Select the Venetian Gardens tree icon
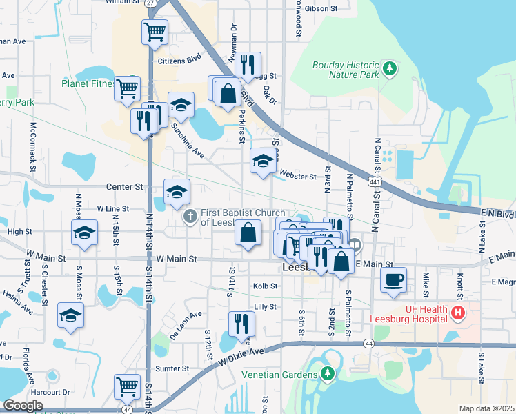[x=328, y=374]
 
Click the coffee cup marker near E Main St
[x=393, y=279]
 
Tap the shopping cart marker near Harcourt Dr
[x=128, y=388]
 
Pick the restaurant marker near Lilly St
[x=241, y=323]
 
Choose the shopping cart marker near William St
[x=155, y=31]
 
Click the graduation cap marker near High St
[x=84, y=233]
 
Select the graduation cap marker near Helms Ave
[x=70, y=315]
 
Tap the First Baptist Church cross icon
[x=190, y=217]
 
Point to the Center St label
[x=124, y=186]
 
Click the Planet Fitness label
[x=88, y=84]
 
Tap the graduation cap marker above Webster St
[x=262, y=161]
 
